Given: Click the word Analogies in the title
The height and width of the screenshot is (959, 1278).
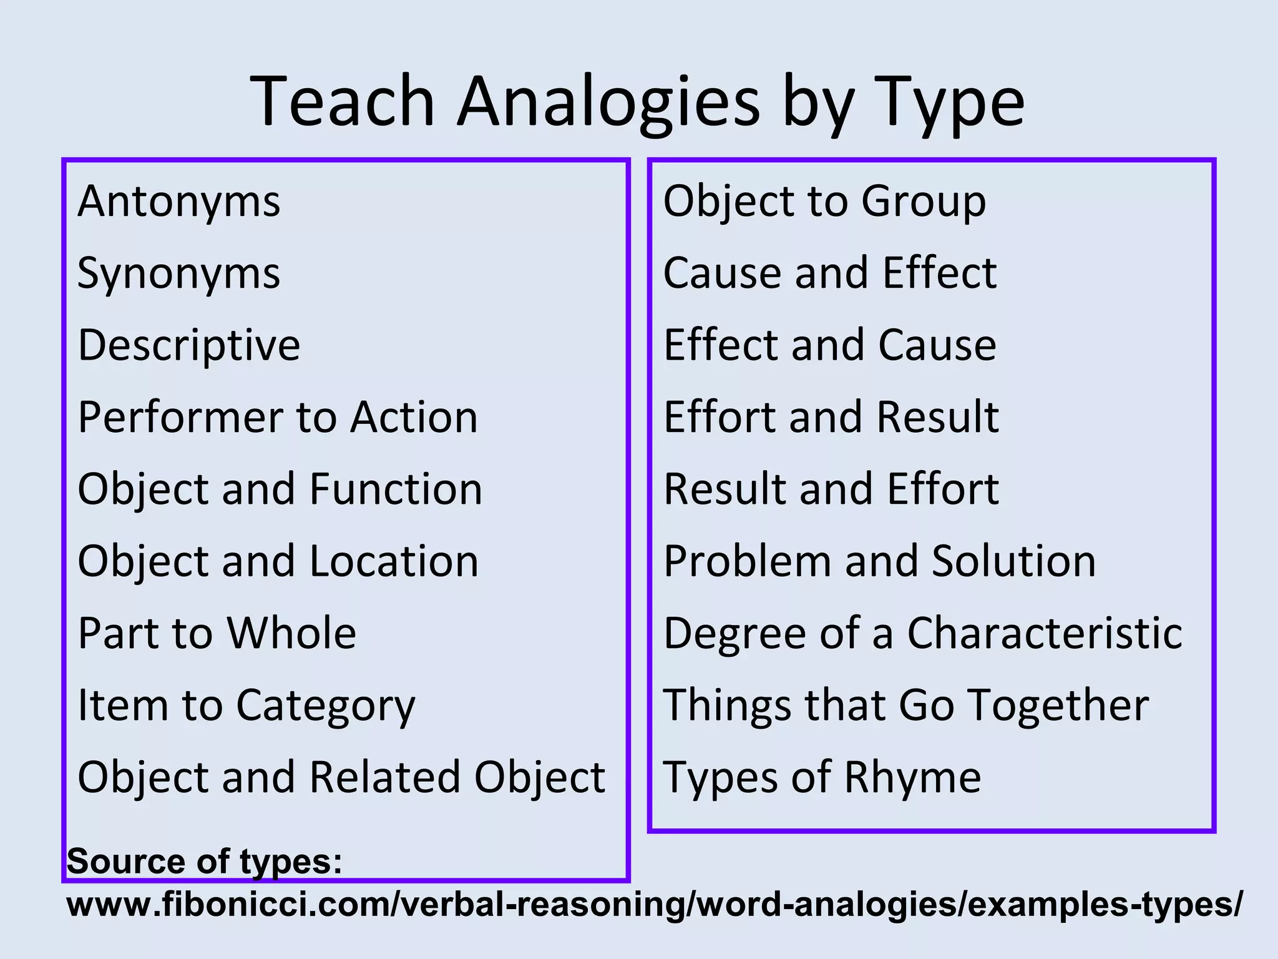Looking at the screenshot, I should (x=608, y=103).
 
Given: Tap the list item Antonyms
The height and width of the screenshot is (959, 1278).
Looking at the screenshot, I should (x=179, y=202).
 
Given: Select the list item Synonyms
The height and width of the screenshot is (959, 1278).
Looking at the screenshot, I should (x=179, y=274).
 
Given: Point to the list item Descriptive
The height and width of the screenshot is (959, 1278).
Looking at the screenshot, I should (x=188, y=345).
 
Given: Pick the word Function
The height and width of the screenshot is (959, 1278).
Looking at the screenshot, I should (x=396, y=489).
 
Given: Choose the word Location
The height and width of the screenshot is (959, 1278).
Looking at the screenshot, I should (x=394, y=561).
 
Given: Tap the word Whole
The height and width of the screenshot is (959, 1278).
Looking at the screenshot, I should (x=291, y=633).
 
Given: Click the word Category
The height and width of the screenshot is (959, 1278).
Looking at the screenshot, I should (x=325, y=706).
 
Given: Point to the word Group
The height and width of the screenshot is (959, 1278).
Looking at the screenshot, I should (x=924, y=202).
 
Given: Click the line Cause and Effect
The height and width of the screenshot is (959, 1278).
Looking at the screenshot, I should (x=830, y=273).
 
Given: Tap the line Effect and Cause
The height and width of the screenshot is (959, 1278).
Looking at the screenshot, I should (x=830, y=345).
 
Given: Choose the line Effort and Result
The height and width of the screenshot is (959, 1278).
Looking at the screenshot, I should (x=831, y=417).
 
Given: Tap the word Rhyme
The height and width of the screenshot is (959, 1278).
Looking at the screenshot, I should (x=913, y=777).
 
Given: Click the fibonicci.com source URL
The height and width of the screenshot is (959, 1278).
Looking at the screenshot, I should (x=655, y=904).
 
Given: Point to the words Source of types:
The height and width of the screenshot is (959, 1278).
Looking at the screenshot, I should (x=205, y=862).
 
